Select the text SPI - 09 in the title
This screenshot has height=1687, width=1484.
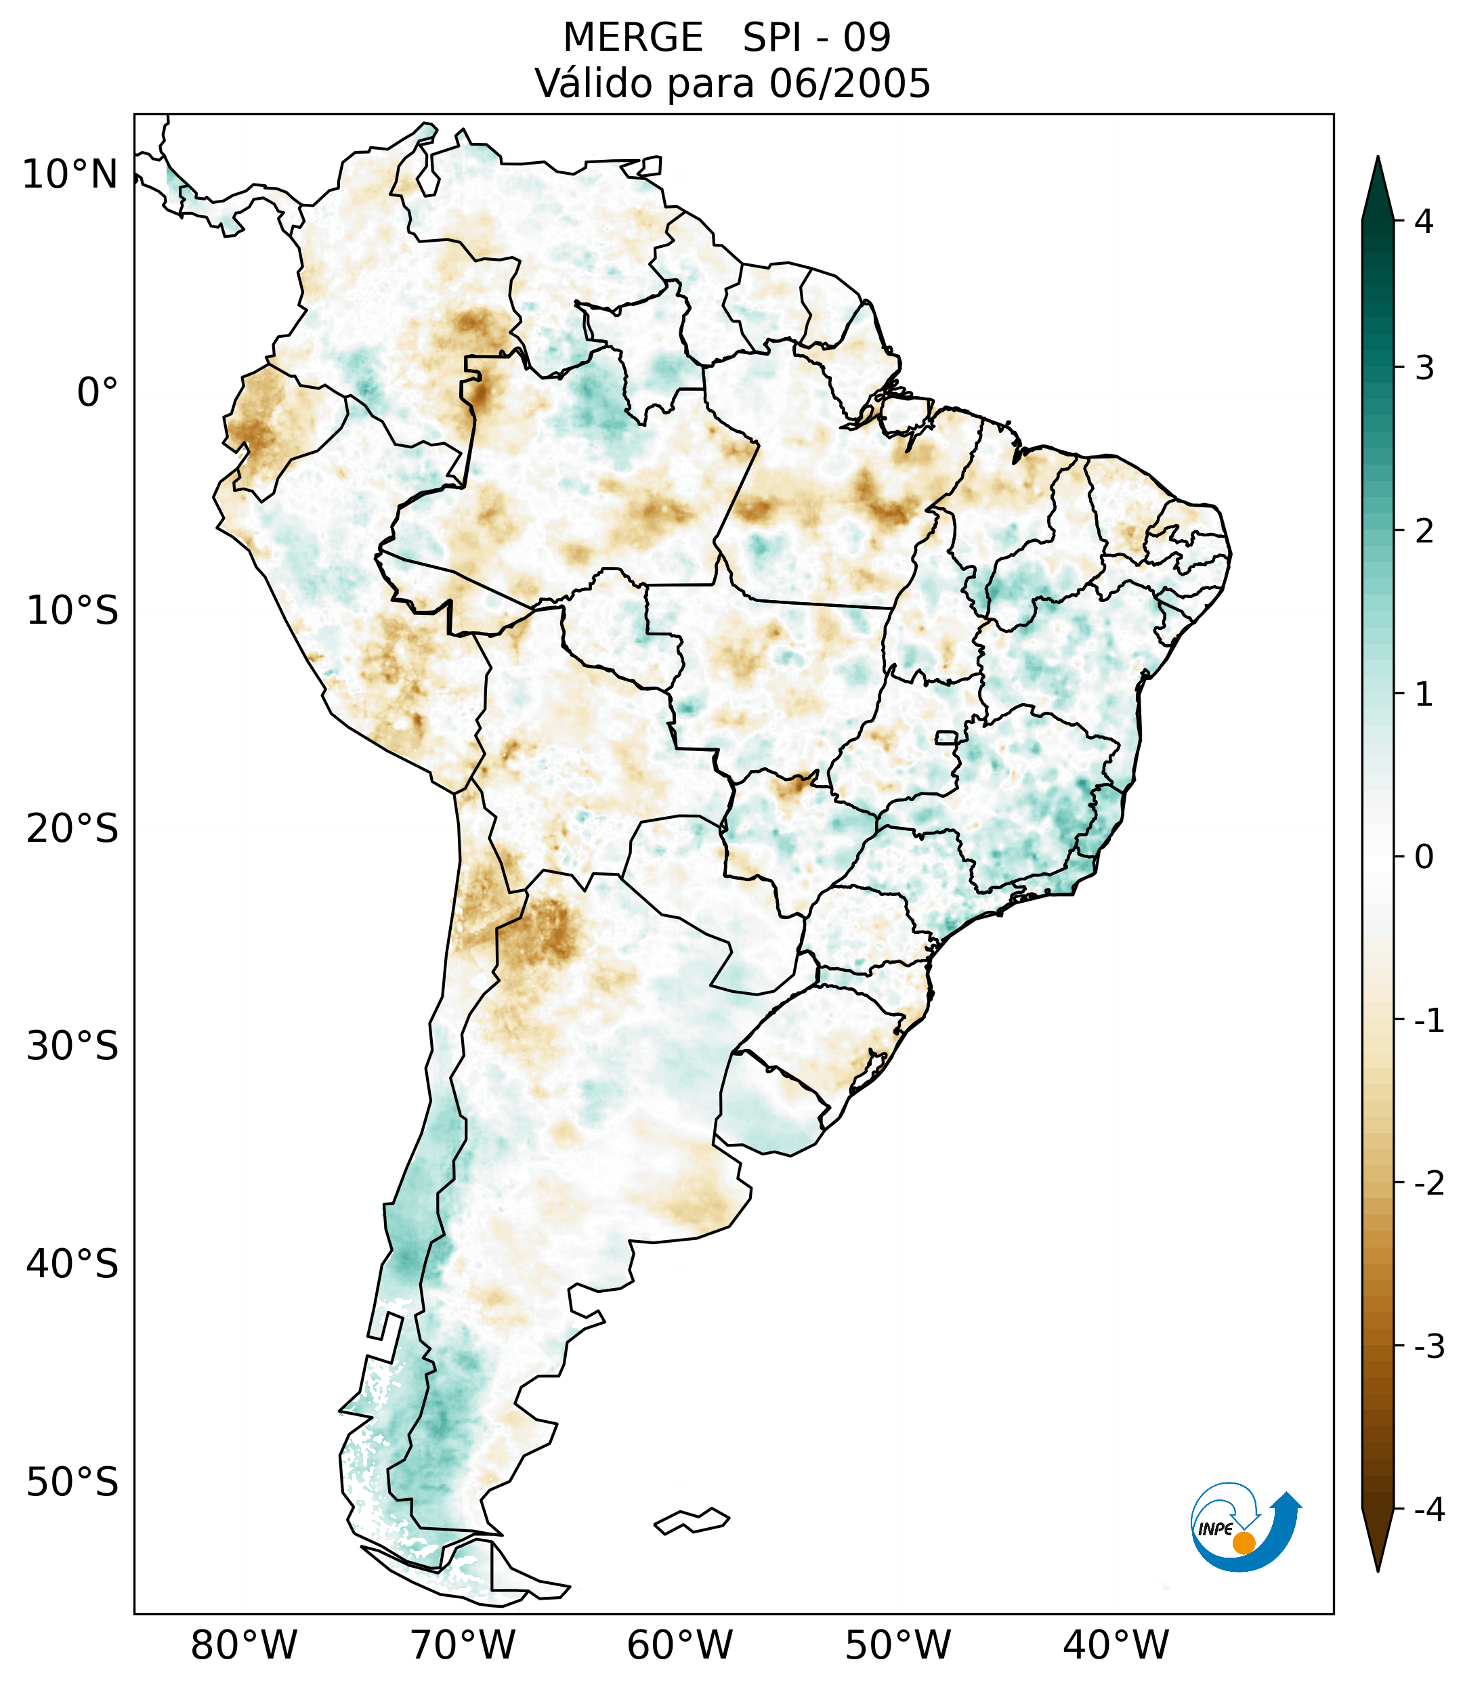[x=816, y=38]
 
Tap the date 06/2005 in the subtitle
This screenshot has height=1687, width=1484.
[x=849, y=83]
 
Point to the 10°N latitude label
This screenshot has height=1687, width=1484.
[x=70, y=175]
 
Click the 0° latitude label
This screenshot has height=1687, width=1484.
[x=98, y=393]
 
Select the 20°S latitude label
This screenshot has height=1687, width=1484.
[x=72, y=829]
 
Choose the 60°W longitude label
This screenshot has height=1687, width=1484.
[x=679, y=1645]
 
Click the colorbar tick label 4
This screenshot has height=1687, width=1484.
[x=1424, y=221]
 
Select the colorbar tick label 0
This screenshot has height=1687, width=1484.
[x=1424, y=857]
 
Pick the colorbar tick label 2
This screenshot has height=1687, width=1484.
[x=1424, y=532]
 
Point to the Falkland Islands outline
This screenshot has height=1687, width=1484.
[x=692, y=1520]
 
